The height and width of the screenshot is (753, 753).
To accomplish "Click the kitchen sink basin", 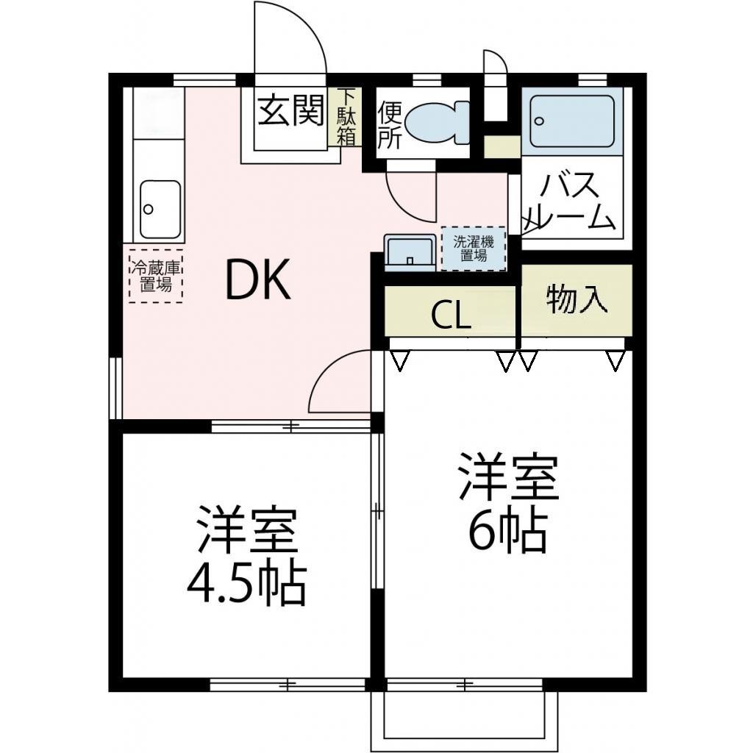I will tap(160, 209).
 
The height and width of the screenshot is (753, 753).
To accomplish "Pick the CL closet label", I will tap(450, 315).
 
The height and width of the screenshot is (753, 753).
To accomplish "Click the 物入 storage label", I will tap(577, 299).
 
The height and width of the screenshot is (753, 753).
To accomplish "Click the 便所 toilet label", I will tap(389, 126).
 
